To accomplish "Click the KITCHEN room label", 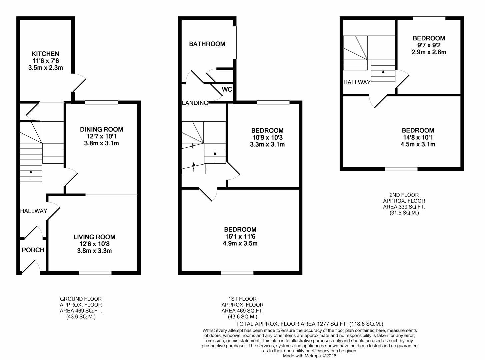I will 45,54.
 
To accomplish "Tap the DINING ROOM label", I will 101,129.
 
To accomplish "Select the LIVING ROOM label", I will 94,237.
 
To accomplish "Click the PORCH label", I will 33,250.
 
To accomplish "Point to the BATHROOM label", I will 207,44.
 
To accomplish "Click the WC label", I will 227,90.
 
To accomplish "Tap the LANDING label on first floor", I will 195,103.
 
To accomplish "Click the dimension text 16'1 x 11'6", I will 240,236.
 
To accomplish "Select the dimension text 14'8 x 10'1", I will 418,137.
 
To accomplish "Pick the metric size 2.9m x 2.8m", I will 428,52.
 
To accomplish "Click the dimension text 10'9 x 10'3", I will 267,137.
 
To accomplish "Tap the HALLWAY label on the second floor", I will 357,82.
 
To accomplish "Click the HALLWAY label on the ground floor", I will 34,211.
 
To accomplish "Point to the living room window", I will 95,273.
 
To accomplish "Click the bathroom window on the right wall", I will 235,43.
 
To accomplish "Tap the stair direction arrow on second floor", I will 383,74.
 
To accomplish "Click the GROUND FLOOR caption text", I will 81,299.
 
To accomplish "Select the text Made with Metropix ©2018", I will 310,356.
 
